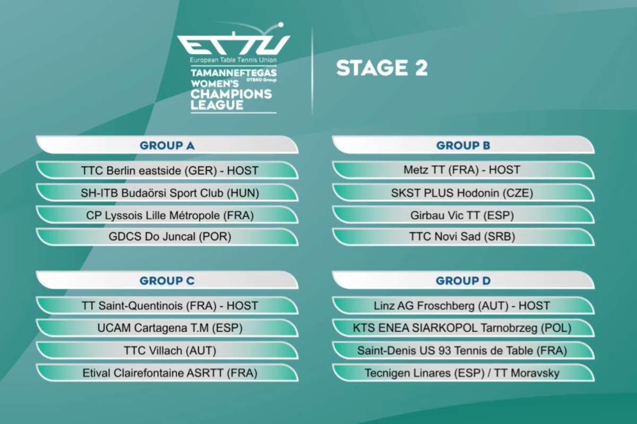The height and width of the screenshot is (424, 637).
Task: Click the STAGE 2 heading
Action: pyautogui.click(x=382, y=68)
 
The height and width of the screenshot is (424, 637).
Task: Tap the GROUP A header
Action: pyautogui.click(x=167, y=145)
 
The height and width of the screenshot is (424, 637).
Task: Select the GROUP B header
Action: pyautogui.click(x=463, y=145)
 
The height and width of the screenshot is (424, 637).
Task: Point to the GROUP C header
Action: pyautogui.click(x=167, y=280)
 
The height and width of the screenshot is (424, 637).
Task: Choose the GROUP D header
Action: pyautogui.click(x=463, y=280)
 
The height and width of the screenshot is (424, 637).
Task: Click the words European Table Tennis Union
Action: pyautogui.click(x=234, y=60)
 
